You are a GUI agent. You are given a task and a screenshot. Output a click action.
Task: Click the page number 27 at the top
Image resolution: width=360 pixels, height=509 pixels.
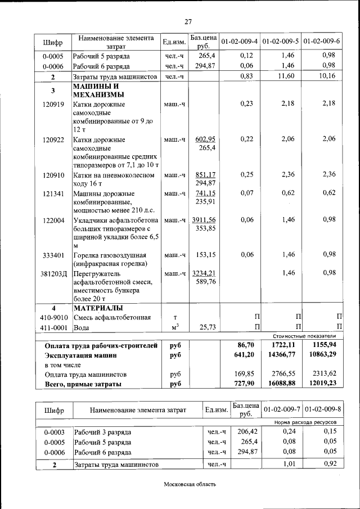pyautogui.click(x=188, y=22)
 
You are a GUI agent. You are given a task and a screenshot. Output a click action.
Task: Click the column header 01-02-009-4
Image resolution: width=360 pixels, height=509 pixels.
pyautogui.click(x=240, y=42)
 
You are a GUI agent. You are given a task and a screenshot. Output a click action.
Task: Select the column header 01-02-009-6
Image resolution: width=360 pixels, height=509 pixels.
pyautogui.click(x=322, y=42)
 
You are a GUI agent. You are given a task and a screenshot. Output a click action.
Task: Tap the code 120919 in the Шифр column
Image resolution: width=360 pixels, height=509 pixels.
pyautogui.click(x=52, y=104)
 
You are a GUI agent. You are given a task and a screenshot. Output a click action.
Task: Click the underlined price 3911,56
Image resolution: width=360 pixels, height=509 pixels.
pyautogui.click(x=204, y=219)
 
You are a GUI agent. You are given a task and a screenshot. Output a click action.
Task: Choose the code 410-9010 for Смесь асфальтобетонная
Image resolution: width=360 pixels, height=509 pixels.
pyautogui.click(x=53, y=318)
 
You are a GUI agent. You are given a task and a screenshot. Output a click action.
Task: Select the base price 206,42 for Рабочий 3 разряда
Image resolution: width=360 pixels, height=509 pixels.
pyautogui.click(x=246, y=431)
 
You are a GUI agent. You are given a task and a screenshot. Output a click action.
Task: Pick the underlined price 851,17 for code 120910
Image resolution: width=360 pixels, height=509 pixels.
pyautogui.click(x=204, y=174)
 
